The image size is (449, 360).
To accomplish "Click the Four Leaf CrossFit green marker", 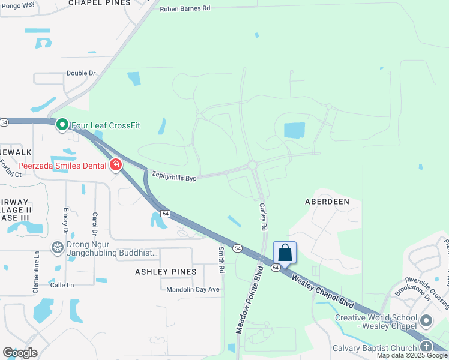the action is [62, 125].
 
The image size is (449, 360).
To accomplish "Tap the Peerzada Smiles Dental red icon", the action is [115, 164].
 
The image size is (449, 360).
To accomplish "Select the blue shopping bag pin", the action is [285, 253].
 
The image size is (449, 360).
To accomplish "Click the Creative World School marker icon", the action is [426, 321].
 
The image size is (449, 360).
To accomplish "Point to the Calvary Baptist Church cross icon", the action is [426, 347].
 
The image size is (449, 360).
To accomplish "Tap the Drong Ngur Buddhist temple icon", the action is [57, 247].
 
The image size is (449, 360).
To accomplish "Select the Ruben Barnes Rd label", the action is [185, 8].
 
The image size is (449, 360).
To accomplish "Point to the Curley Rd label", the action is [262, 217].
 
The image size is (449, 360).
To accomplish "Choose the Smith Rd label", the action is [221, 259].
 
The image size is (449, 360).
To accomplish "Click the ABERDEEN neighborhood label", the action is [327, 202].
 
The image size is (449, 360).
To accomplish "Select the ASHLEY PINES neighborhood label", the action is [166, 272].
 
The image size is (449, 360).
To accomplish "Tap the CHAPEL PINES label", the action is [99, 3].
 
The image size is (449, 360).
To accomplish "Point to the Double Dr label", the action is [81, 73].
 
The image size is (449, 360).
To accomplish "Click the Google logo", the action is [20, 352].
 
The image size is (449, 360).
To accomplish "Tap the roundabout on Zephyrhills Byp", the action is [252, 165].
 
